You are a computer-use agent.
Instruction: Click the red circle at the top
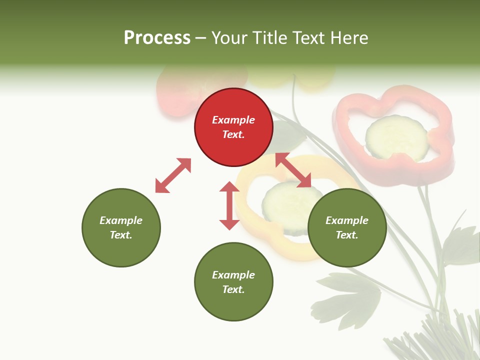[233, 127]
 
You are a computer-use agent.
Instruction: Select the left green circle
[121, 227]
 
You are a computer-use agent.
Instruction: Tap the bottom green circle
[233, 282]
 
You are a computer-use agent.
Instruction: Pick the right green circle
[347, 227]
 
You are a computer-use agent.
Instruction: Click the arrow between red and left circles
[173, 175]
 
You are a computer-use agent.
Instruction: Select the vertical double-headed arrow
[229, 205]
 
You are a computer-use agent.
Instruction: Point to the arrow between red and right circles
[293, 170]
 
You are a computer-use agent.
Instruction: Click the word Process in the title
[157, 38]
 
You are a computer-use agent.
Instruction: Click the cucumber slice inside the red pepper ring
[396, 137]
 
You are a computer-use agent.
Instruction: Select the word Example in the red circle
[233, 120]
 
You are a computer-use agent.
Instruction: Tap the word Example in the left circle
[121, 220]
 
